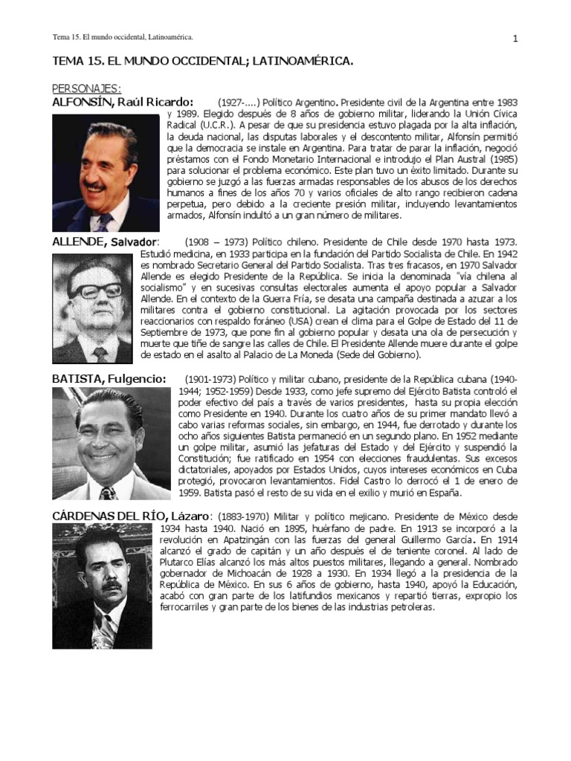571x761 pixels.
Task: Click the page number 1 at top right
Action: [x=514, y=39]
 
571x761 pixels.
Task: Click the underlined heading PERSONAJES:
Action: [x=87, y=88]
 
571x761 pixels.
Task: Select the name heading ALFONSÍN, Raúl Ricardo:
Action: [x=123, y=102]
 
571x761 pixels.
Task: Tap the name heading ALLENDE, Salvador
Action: [x=105, y=242]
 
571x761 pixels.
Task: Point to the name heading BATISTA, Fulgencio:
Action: [x=109, y=379]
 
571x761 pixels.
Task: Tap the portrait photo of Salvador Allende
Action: [x=92, y=308]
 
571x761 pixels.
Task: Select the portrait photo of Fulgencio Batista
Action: [x=112, y=443]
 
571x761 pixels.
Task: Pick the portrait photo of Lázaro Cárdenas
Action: [x=102, y=586]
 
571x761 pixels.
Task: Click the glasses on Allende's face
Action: [x=96, y=291]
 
